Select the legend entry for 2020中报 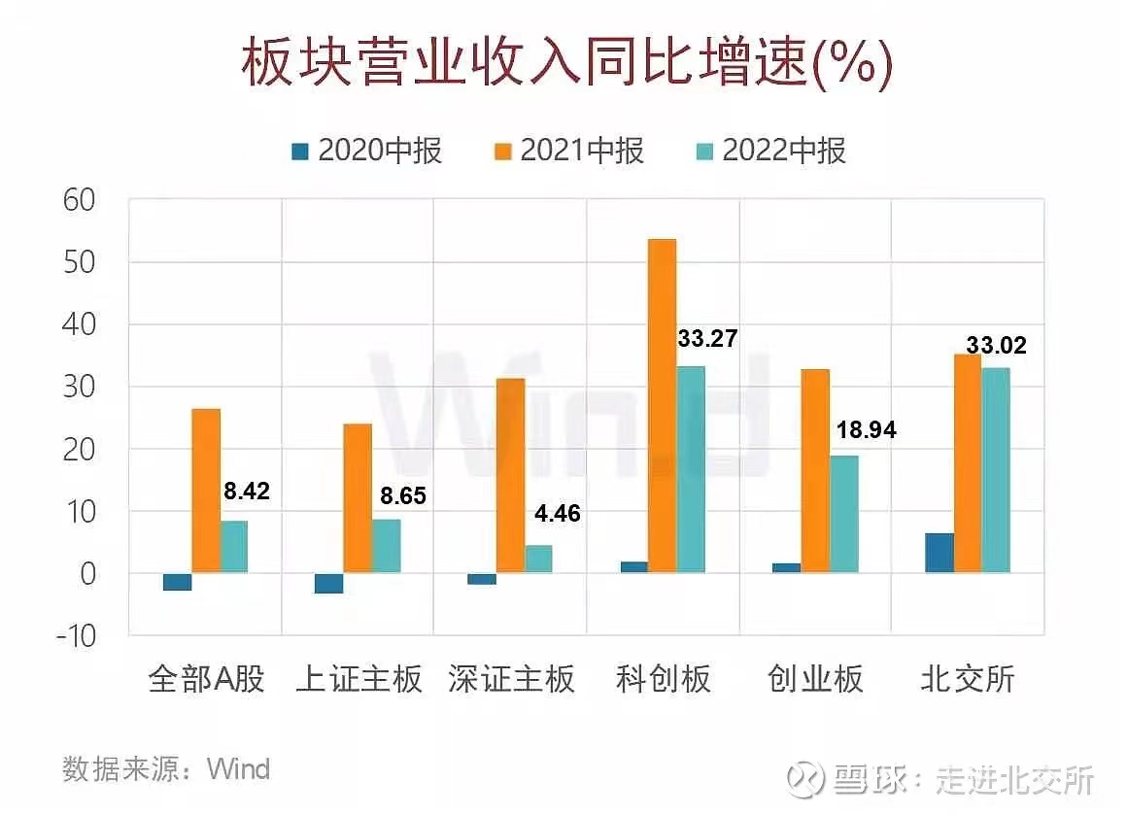[367, 152]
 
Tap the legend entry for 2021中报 [569, 152]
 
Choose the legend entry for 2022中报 [770, 152]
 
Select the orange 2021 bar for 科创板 [663, 405]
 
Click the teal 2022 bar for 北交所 [996, 470]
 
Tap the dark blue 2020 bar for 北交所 [939, 553]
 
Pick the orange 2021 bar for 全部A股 [206, 491]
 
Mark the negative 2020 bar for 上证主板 [329, 583]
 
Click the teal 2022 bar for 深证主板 [539, 559]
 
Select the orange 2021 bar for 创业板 [815, 471]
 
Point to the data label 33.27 [706, 339]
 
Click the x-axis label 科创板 [664, 678]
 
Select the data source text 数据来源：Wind [166, 769]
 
